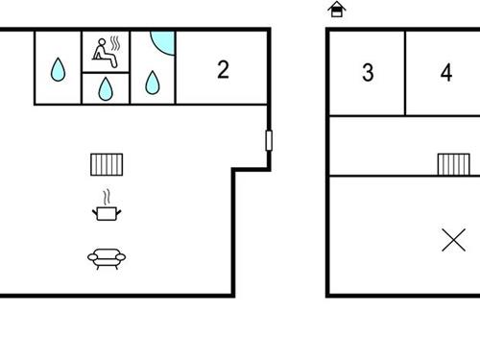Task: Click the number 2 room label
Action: (x=223, y=69)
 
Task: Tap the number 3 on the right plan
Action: (x=368, y=73)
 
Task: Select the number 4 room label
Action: (x=445, y=73)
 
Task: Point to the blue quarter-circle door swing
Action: (x=164, y=43)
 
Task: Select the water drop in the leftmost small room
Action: (x=59, y=70)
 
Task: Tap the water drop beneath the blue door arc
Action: (x=153, y=83)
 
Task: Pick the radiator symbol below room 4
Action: (x=453, y=164)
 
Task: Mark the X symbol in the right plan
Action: (x=453, y=239)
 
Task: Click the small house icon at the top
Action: (x=336, y=10)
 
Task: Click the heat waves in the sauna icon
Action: (x=116, y=45)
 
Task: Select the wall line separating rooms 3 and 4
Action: (x=405, y=73)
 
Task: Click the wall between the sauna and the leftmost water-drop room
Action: (x=83, y=66)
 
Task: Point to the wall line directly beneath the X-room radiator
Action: (x=453, y=177)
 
